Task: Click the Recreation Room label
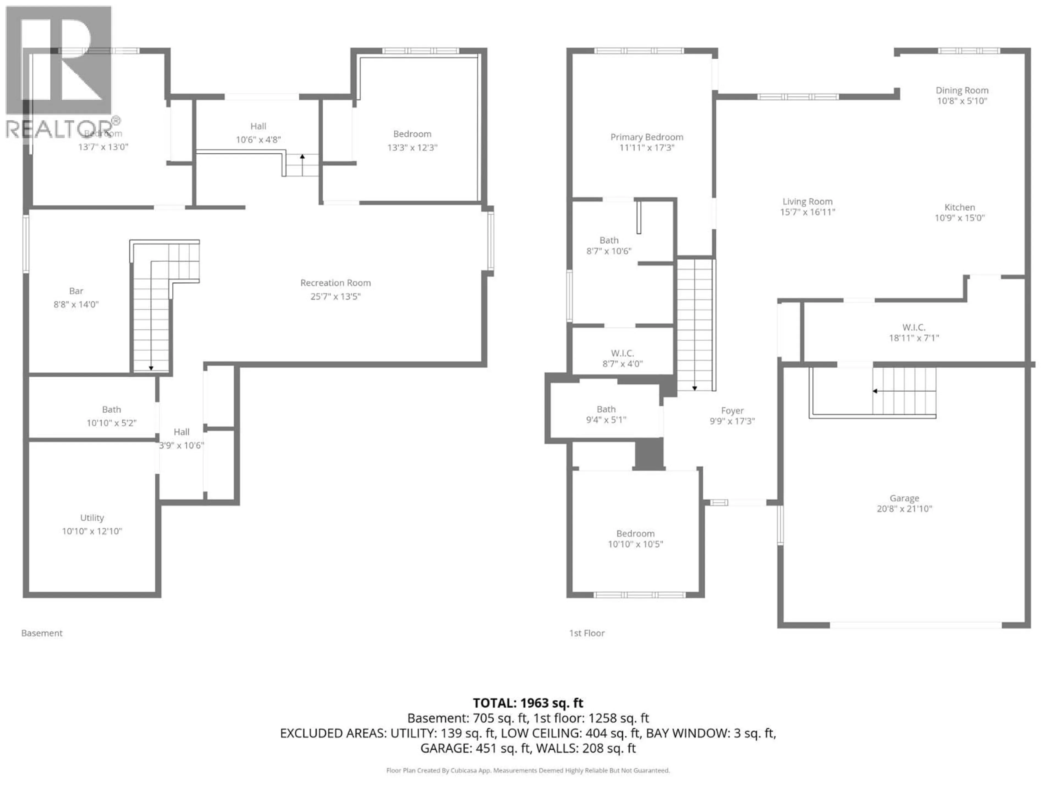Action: (335, 283)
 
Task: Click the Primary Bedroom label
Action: (647, 137)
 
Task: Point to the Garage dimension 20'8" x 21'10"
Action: (904, 509)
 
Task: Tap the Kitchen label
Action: (959, 207)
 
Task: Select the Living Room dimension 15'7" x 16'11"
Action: (807, 212)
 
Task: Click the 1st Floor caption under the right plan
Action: (587, 633)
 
